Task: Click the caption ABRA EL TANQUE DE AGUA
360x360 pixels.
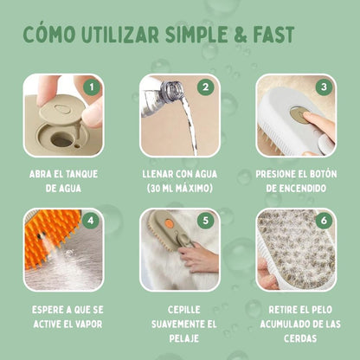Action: pos(63,180)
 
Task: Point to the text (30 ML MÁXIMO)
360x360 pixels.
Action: pos(180,187)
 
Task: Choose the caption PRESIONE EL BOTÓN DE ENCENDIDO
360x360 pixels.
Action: pos(296,180)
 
